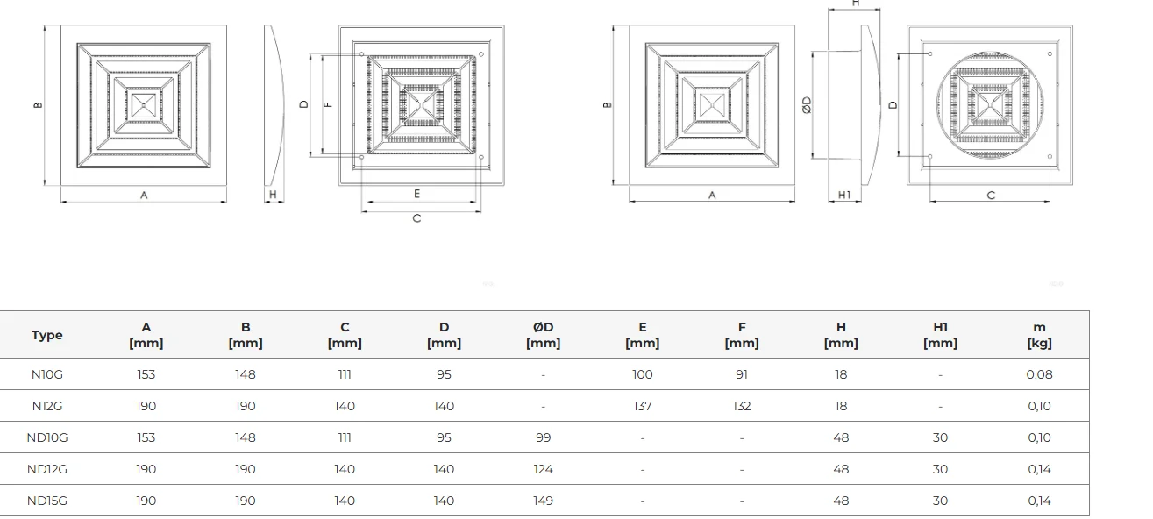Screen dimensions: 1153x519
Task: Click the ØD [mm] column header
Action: tap(543, 335)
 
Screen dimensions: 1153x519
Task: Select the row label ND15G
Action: tap(47, 501)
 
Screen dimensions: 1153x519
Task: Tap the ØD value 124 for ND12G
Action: tap(543, 469)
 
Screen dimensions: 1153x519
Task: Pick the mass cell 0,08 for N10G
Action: tap(1039, 374)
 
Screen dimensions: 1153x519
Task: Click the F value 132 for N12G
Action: tap(742, 406)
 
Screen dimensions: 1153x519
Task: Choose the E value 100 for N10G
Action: tap(643, 374)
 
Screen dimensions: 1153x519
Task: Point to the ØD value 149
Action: tap(543, 501)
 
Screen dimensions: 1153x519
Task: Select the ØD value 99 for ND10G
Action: tap(543, 437)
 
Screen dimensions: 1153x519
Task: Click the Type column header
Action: tap(46, 335)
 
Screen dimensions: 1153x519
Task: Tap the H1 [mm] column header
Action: tap(941, 335)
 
